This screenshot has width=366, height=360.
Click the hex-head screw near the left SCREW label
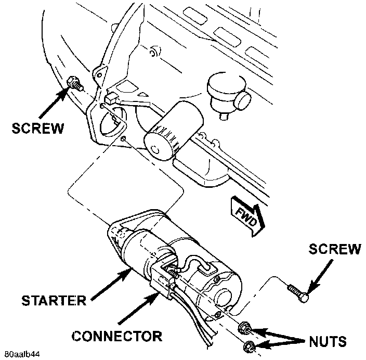point(74,84)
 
